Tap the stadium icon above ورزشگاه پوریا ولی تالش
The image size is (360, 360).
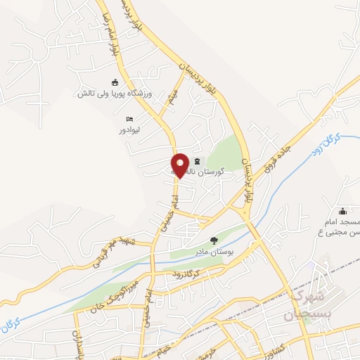pos(115,82)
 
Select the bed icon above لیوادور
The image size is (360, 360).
pos(129,119)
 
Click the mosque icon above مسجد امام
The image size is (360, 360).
pos(342,212)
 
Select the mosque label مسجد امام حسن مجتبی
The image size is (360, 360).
pos(342,228)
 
